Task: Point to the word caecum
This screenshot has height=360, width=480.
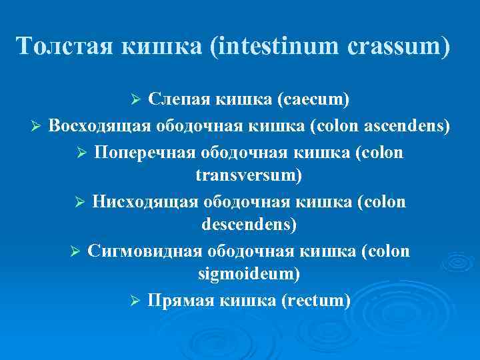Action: pos(316,100)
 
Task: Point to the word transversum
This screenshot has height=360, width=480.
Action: pos(249,175)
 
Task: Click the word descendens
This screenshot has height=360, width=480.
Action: pos(249,225)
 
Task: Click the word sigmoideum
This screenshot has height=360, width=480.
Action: pos(249,275)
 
